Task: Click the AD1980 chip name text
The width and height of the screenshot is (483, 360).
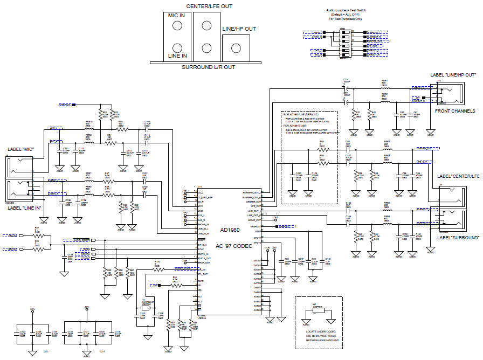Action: tap(230, 230)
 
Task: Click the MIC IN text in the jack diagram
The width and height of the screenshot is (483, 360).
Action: tap(176, 16)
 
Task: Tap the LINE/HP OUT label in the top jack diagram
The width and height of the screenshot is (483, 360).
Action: tap(239, 29)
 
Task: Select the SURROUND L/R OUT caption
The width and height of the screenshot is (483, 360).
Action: tap(208, 67)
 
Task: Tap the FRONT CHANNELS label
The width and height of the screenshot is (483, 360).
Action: tap(456, 111)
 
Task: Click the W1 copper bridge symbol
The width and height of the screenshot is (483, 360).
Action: tap(317, 313)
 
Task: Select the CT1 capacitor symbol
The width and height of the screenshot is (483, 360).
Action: tap(346, 87)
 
